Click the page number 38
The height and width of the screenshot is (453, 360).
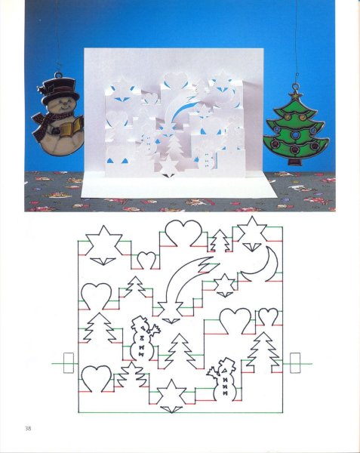click(x=28, y=428)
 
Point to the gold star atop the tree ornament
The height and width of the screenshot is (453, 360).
click(x=296, y=94)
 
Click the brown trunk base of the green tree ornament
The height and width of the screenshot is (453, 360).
click(x=297, y=161)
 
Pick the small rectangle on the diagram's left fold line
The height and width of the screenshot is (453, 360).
click(x=69, y=363)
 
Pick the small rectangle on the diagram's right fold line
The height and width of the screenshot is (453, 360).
click(x=295, y=363)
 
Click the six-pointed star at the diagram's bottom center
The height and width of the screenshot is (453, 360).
click(x=171, y=393)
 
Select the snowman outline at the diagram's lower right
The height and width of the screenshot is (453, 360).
click(x=223, y=379)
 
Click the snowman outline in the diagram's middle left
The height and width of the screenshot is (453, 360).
click(x=143, y=338)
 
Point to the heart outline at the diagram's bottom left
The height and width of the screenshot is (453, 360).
click(x=96, y=378)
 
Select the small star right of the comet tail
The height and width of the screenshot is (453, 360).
click(x=225, y=283)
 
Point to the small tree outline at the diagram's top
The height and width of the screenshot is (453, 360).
click(x=220, y=241)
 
